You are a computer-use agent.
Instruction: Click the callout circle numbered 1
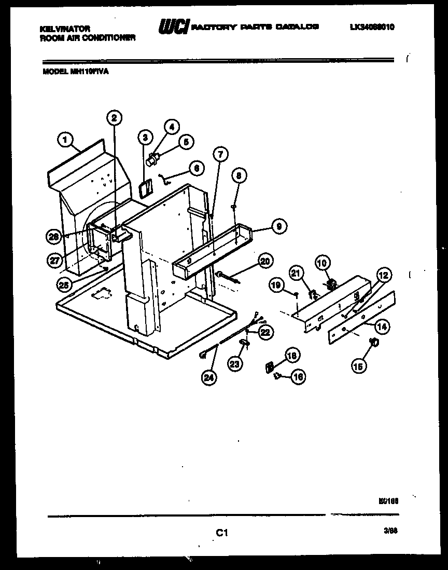64,140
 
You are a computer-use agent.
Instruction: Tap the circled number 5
186,142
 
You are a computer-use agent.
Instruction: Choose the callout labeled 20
264,262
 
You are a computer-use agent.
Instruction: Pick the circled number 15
358,366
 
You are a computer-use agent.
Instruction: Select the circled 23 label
235,364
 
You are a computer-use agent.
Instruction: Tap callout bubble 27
55,261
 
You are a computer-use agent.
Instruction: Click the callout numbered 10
322,264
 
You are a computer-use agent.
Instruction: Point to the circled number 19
276,284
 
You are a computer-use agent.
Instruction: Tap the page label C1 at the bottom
222,533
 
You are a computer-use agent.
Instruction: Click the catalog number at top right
372,28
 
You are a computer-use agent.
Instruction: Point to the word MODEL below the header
54,72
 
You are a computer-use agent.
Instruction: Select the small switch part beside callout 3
146,188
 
